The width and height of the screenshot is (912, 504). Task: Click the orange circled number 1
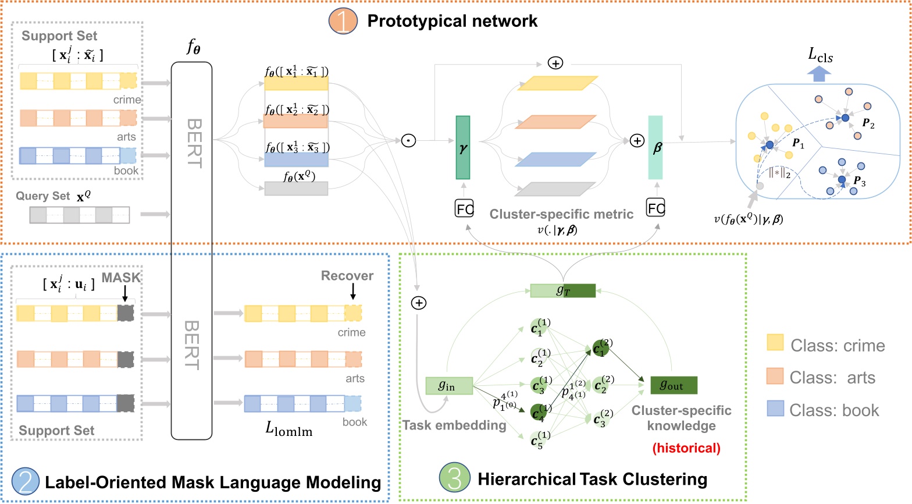343,21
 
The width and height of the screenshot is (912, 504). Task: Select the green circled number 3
454,478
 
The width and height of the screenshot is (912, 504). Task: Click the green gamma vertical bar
463,148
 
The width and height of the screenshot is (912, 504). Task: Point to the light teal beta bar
655,148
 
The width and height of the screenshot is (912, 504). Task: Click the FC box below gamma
464,208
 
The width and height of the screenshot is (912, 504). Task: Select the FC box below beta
655,207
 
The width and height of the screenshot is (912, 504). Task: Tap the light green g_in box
448,386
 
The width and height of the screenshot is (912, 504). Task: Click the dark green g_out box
674,385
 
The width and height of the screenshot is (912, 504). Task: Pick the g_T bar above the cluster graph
562,290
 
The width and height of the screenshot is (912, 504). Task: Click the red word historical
686,448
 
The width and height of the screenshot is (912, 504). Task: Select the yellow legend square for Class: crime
775,343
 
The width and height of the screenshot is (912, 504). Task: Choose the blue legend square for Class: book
775,409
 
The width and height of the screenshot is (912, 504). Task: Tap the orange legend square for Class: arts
775,376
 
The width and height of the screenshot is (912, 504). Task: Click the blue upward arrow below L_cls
820,74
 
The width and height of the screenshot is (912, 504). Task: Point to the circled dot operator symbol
409,140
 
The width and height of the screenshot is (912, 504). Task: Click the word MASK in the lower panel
121,278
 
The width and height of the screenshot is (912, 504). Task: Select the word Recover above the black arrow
347,276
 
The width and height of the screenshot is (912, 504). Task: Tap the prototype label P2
868,123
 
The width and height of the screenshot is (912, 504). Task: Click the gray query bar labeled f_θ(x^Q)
296,188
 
